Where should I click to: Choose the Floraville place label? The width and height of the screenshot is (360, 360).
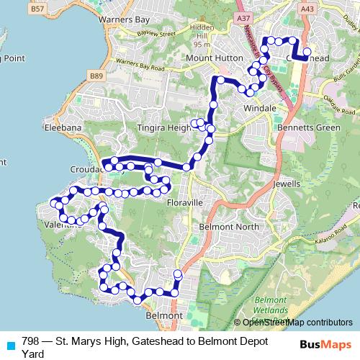coord(186,203)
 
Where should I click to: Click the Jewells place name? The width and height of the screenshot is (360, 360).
coord(286,183)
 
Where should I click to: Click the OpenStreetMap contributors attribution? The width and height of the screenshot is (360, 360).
coord(293,323)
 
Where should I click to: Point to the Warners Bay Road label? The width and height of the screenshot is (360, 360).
coord(141,70)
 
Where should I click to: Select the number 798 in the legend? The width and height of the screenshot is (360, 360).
coord(30,340)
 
